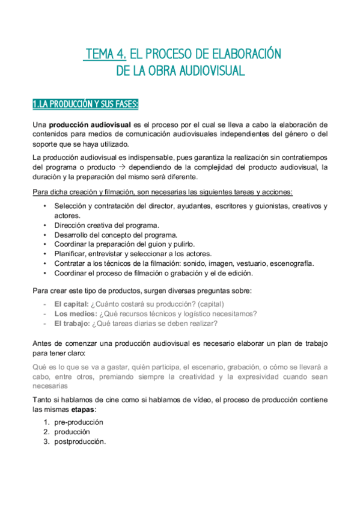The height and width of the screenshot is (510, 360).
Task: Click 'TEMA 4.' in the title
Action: pos(105,54)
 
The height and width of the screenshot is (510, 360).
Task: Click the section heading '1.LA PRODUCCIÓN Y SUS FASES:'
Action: pos(85,105)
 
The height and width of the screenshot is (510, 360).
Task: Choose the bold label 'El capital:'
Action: pos(72,304)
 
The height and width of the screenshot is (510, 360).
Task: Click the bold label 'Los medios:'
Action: pos(74,313)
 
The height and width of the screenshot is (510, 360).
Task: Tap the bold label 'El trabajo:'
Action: pos(72,323)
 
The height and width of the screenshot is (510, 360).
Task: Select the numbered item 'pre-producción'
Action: pos(79,422)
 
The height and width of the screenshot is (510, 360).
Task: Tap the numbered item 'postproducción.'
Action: pos(80,441)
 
